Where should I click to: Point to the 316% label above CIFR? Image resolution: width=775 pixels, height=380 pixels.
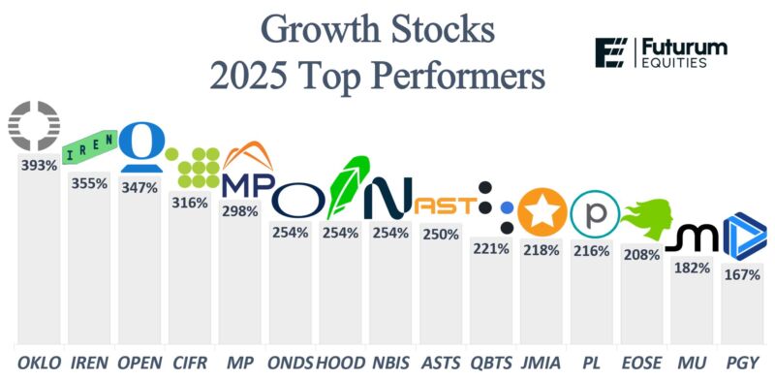pos(190,203)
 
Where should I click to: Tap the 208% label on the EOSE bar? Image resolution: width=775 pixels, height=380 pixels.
pos(642,256)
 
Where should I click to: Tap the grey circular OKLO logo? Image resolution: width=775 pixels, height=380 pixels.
pos(35,124)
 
